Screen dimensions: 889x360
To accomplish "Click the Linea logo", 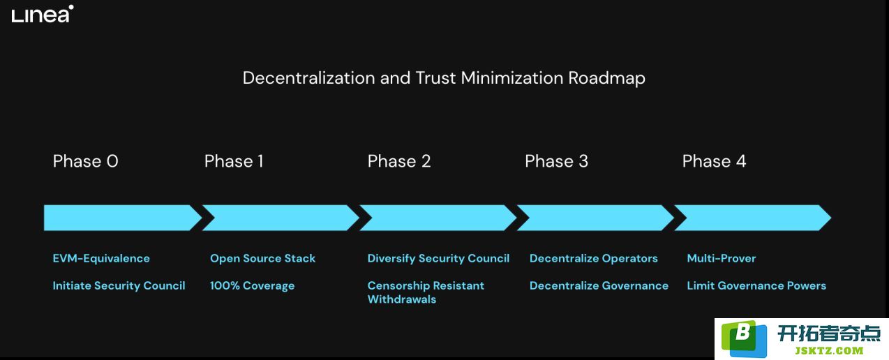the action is point(43,14).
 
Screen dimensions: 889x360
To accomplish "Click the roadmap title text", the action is point(444,78).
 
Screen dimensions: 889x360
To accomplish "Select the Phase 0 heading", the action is point(85,161).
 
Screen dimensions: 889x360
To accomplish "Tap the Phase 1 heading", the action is point(234,161).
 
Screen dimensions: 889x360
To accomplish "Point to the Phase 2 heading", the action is point(399,161).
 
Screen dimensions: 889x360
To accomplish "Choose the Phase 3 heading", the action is point(556,161).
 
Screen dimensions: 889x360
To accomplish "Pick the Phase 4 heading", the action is point(714,161).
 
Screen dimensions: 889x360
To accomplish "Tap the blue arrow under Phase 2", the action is point(438,218).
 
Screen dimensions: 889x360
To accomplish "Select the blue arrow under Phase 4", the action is point(752,218).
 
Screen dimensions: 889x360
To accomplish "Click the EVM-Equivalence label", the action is point(101,258).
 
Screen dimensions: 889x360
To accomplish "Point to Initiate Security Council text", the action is point(119,286).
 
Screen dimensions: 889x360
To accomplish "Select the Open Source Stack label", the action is point(263,258).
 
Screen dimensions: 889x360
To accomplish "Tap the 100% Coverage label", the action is point(252,286).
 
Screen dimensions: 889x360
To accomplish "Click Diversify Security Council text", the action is point(438,258).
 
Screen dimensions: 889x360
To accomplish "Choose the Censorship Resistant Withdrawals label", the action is point(426,292).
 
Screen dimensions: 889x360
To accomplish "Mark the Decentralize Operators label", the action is point(593,258).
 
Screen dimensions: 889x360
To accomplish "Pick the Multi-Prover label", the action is point(721,258).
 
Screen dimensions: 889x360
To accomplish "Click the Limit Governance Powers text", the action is point(756,286).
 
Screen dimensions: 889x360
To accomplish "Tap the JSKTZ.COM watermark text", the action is point(830,350).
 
